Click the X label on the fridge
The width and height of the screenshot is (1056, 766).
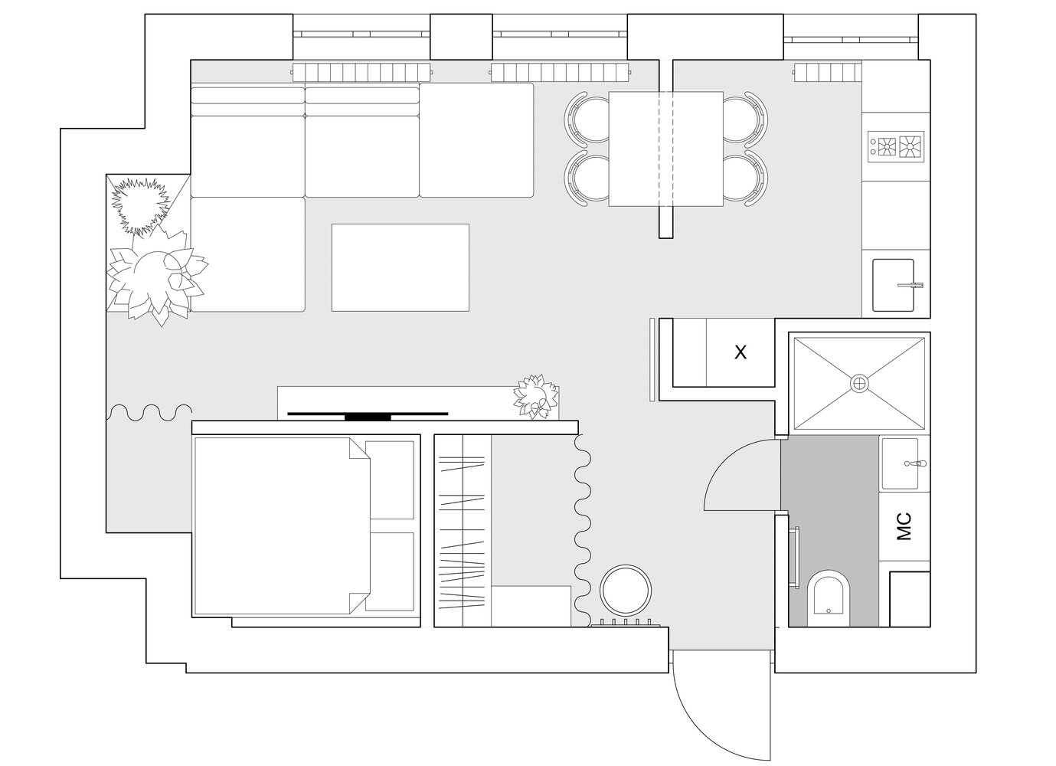pyautogui.click(x=741, y=352)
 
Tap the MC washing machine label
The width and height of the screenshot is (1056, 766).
pyautogui.click(x=904, y=526)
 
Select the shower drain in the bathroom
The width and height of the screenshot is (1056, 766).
pyautogui.click(x=859, y=382)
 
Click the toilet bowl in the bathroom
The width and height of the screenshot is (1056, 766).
pyautogui.click(x=829, y=598)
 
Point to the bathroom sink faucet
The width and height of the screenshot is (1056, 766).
pyautogui.click(x=914, y=463)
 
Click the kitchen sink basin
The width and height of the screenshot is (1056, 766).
pyautogui.click(x=893, y=285)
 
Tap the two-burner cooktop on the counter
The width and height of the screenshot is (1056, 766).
pyautogui.click(x=896, y=147)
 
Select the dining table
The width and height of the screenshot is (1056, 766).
pyautogui.click(x=665, y=149)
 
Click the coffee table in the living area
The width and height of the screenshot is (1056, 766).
pyautogui.click(x=400, y=267)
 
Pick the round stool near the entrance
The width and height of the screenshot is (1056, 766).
pyautogui.click(x=625, y=590)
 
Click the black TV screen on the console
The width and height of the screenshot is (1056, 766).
pyautogui.click(x=368, y=415)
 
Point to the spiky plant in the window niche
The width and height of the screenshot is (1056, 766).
pyautogui.click(x=140, y=205)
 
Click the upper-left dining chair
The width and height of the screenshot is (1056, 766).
pyautogui.click(x=587, y=118)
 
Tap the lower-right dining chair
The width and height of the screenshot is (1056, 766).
pyautogui.click(x=745, y=178)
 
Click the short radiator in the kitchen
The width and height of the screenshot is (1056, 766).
pyautogui.click(x=826, y=73)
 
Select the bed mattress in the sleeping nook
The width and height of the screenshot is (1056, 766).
pyautogui.click(x=282, y=526)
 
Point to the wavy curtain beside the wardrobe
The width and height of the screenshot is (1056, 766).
pyautogui.click(x=583, y=531)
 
